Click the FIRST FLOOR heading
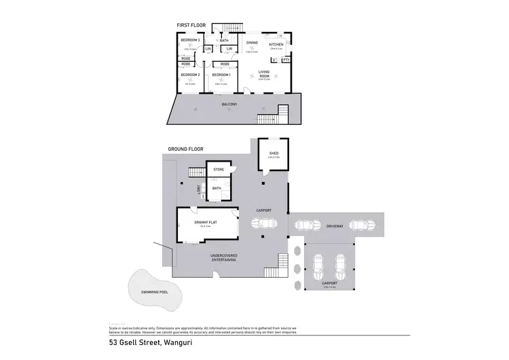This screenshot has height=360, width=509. coord(191,25)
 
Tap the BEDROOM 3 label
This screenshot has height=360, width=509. coord(190,41)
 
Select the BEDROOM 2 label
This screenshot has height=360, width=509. coord(190,75)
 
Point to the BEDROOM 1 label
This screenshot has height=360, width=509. coord(221,75)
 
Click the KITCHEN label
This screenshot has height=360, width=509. coord(276,44)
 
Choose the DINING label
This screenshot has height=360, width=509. coord(251,43)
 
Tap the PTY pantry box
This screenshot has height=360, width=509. coord(286,60)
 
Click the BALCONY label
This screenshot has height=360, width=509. coord(229,105)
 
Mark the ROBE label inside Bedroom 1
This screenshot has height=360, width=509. coord(225,64)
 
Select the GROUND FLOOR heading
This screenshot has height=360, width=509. coord(185,149)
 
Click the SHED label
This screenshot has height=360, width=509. coord(274,154)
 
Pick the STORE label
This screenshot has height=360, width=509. coord(219,169)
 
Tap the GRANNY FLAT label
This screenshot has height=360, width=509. coord(205,222)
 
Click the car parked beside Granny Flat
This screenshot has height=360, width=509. coord(264,223)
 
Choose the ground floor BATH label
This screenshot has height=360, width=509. coord(216,188)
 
